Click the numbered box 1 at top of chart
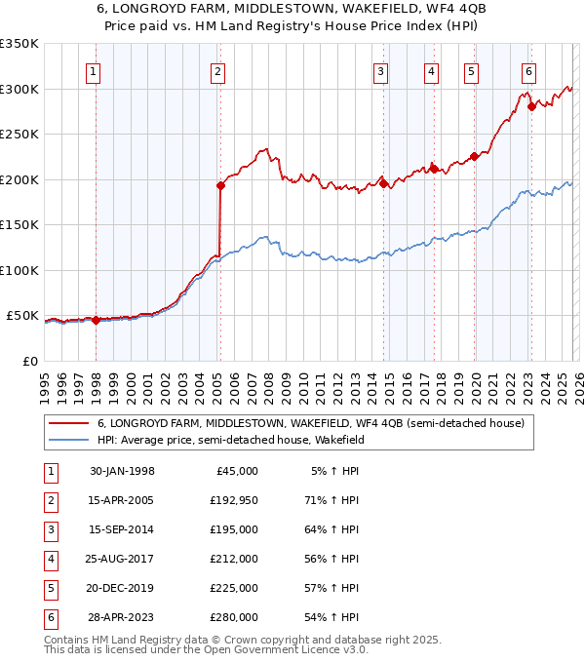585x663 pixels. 92,71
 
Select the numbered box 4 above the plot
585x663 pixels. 430,71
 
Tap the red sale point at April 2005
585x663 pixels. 220,186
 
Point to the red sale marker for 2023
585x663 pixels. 531,107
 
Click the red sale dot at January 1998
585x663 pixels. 96,320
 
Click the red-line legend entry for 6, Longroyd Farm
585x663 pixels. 310,423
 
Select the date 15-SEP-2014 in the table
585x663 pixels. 121,529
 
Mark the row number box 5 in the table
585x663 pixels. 49,588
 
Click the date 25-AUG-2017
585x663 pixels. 121,559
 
